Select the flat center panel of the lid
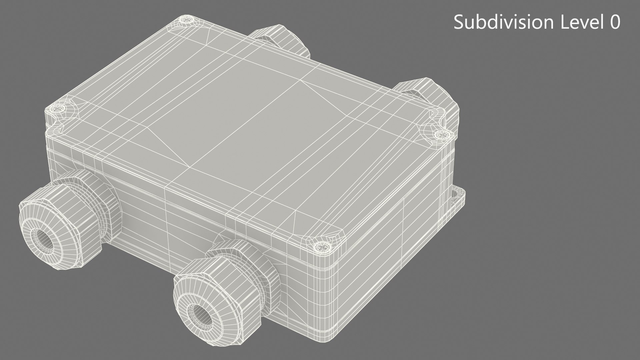233,123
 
